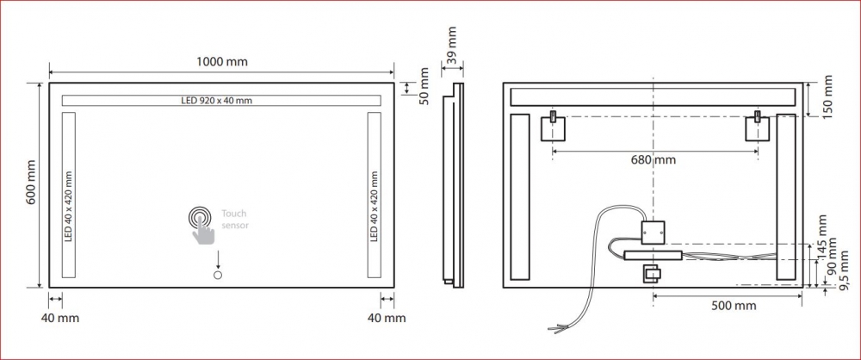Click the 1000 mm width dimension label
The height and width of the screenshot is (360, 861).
tap(222, 61)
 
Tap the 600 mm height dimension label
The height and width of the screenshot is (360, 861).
tap(31, 183)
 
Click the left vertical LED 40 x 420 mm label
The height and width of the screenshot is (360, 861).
tap(69, 206)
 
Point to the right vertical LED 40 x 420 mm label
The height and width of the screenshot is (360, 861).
tap(374, 206)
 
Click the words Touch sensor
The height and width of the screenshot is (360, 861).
tap(234, 220)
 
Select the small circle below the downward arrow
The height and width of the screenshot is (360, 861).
tap(218, 276)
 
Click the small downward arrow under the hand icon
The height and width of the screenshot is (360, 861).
tap(218, 259)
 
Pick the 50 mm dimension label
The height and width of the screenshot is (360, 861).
tap(424, 87)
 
